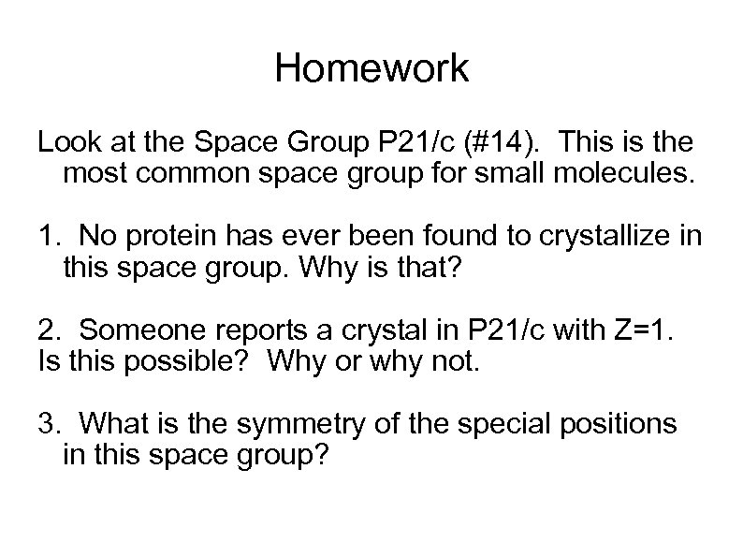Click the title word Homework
pos(371,70)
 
